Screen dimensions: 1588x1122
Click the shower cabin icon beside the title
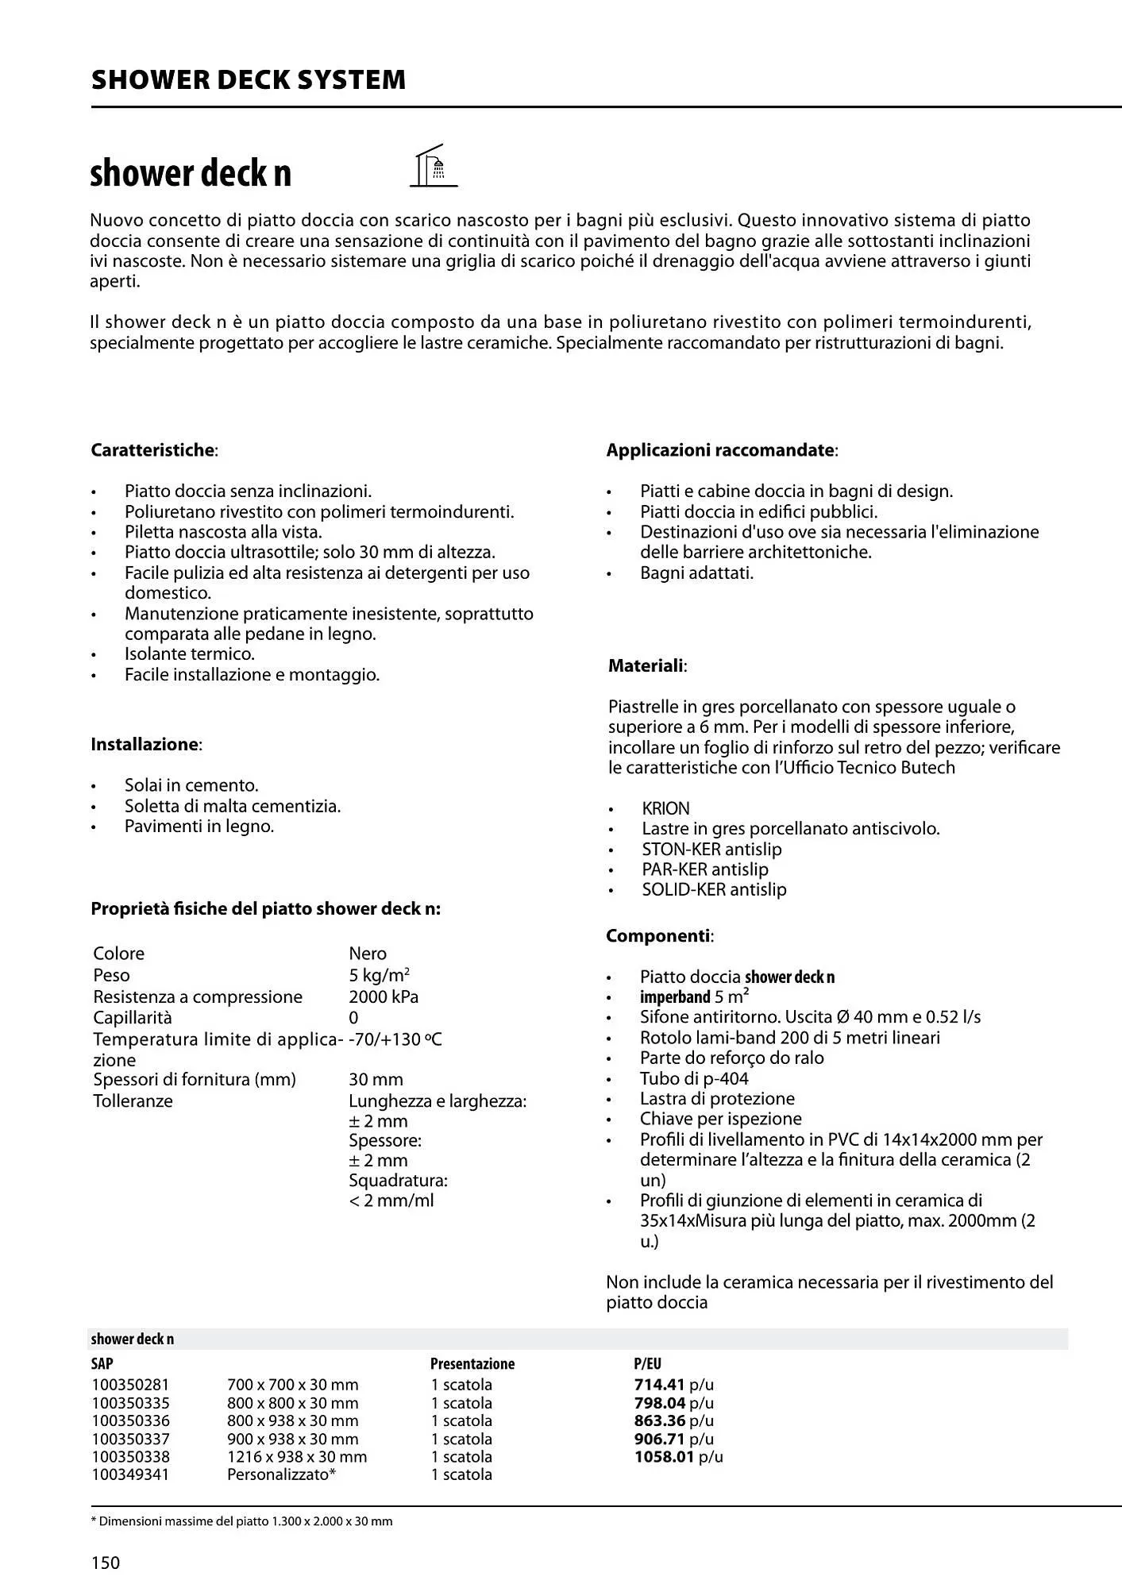tap(434, 166)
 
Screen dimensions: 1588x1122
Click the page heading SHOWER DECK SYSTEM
tap(249, 80)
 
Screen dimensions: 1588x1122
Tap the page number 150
tap(106, 1563)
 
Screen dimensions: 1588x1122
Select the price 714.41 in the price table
tap(660, 1385)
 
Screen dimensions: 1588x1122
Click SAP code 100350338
tap(130, 1456)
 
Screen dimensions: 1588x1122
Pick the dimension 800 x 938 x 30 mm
tap(292, 1420)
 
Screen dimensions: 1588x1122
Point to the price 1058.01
tap(664, 1456)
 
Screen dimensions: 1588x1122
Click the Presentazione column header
tap(472, 1363)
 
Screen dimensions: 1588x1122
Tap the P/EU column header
tap(647, 1363)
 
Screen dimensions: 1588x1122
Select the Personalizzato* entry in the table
tap(281, 1474)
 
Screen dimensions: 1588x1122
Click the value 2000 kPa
tap(384, 996)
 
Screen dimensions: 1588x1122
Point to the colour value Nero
tap(368, 954)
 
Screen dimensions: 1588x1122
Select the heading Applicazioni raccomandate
tap(721, 450)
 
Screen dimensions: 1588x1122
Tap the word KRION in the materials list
tap(665, 808)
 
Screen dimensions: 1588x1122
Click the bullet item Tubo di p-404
tap(694, 1078)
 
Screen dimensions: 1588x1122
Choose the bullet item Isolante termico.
tap(189, 654)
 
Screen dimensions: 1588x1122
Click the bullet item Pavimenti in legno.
tap(199, 827)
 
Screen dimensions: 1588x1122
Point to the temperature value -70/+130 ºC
tap(395, 1039)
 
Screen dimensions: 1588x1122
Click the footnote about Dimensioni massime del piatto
tap(242, 1521)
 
